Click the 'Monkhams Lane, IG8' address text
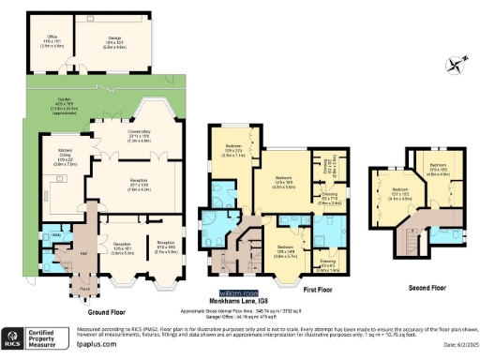click(225, 300)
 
